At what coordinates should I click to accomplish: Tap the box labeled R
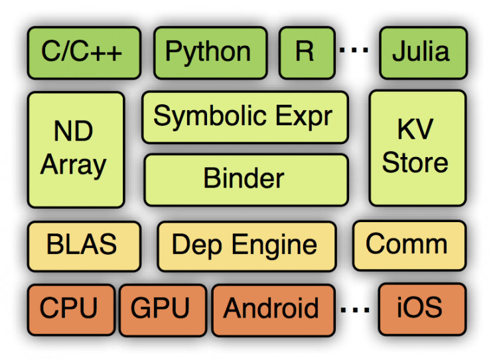[x=305, y=52]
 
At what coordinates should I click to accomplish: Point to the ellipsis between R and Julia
[x=358, y=52]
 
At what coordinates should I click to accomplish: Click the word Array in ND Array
[x=74, y=164]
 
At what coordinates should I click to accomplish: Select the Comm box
[x=407, y=245]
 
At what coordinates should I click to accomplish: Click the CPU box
[x=70, y=309]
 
